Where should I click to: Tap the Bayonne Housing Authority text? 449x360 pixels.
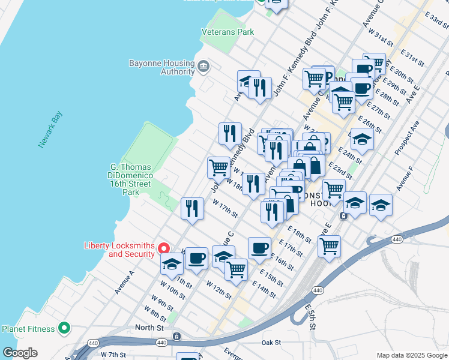point(161,67)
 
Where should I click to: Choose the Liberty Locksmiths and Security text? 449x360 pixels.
point(119,250)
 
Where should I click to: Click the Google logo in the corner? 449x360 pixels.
point(20,353)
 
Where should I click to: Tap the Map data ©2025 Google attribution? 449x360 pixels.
point(411,355)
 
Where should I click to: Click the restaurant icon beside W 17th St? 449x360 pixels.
point(192,208)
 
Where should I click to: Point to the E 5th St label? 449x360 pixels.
point(310,317)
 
